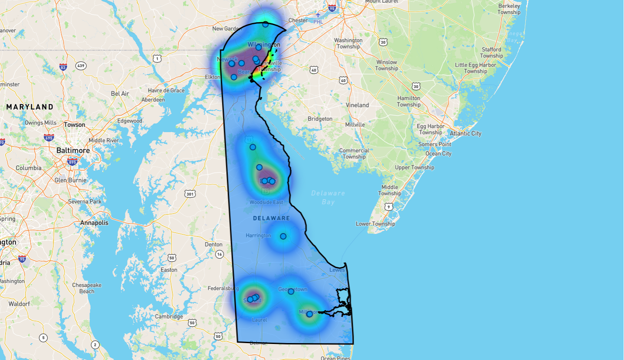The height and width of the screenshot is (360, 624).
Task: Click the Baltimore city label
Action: click(x=73, y=150)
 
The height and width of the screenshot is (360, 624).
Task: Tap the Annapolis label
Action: click(x=94, y=223)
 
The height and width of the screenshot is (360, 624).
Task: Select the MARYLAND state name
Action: click(x=30, y=107)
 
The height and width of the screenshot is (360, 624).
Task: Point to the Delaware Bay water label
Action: click(x=328, y=198)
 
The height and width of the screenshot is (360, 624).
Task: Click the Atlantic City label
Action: click(x=465, y=133)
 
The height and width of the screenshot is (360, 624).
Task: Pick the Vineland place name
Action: click(x=357, y=105)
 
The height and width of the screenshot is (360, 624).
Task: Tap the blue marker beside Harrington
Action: click(x=283, y=236)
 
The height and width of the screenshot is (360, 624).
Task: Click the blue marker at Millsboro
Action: click(x=309, y=314)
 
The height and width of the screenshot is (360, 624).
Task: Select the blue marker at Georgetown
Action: click(x=291, y=291)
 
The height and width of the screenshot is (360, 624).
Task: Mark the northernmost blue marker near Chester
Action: click(x=265, y=24)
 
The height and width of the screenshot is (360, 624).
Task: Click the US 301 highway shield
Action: click(x=189, y=194)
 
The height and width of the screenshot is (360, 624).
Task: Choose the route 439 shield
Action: click(x=81, y=65)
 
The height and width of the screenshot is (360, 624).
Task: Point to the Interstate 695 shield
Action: click(x=49, y=138)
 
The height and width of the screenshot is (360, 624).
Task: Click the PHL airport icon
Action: click(x=318, y=15)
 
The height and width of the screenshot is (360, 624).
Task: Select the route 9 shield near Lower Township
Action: click(x=389, y=207)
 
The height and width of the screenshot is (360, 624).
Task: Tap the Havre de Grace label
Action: click(x=166, y=91)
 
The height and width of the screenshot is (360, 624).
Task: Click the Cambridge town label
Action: click(x=169, y=316)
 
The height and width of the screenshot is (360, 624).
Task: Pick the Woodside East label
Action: click(x=266, y=202)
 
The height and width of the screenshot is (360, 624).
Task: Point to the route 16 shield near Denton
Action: click(x=220, y=254)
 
